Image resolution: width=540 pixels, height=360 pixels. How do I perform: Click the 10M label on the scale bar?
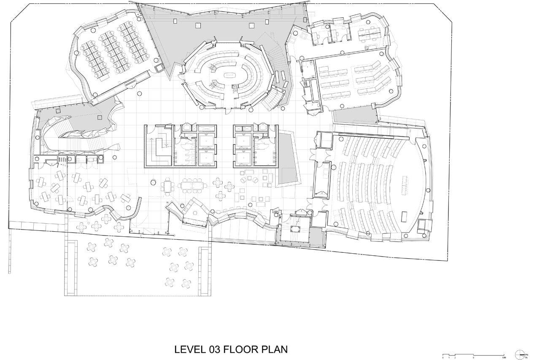(x=504, y=357)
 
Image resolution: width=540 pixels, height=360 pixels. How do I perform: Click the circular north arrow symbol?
(x=520, y=354)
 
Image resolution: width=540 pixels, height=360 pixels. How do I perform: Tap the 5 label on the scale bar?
(x=473, y=357)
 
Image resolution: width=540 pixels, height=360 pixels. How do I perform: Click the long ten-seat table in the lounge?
(x=192, y=185)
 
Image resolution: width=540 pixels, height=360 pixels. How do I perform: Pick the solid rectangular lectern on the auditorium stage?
(x=404, y=217)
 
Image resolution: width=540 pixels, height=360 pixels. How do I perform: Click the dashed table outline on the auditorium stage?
(x=405, y=185)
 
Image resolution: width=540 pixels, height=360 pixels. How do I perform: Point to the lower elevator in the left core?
(x=206, y=158)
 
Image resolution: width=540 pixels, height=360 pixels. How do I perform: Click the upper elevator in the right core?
(x=243, y=140)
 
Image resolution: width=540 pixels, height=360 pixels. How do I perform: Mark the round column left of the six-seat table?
(x=153, y=182)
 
